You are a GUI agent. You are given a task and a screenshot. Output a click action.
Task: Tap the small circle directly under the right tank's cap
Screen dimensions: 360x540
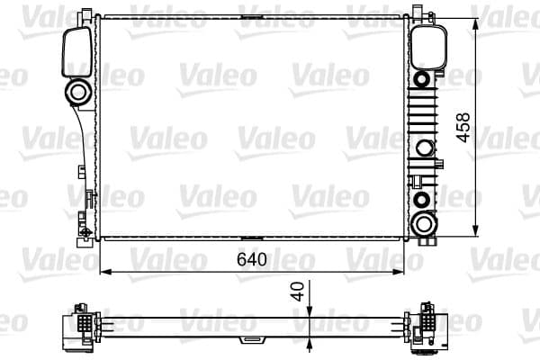pos(424,78)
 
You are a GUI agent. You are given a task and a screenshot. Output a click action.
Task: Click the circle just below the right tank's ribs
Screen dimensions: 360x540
pos(423,148)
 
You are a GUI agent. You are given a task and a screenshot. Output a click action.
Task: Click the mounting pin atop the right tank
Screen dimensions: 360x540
pos(418,12)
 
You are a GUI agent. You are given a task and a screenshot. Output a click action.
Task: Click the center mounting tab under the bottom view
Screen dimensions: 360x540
pos(247,341)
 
